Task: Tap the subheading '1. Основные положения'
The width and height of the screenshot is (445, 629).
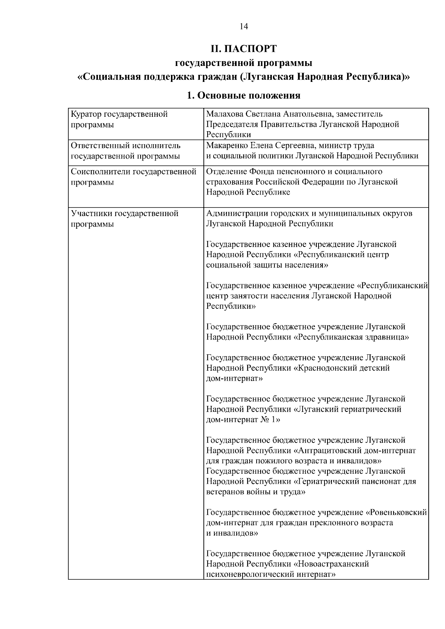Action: tap(243, 96)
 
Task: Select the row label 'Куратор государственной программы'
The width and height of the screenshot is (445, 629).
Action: tap(119, 119)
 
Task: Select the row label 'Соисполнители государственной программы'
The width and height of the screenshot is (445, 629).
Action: tap(133, 176)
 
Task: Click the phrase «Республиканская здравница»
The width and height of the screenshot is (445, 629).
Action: tap(352, 337)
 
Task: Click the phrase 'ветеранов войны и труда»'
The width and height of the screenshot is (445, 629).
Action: tap(256, 492)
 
